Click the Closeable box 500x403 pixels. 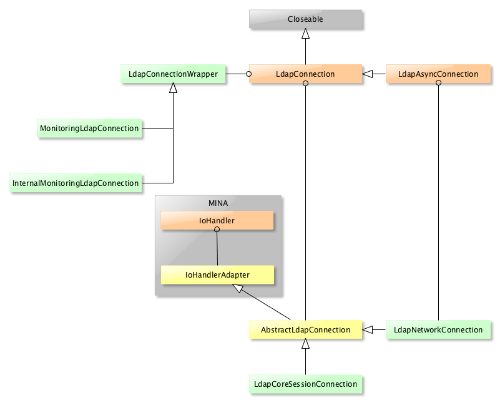(x=305, y=19)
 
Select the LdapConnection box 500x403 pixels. (x=305, y=74)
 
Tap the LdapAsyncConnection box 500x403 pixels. (x=438, y=74)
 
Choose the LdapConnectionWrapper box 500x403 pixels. (x=173, y=74)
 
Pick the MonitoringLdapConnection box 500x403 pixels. (x=89, y=128)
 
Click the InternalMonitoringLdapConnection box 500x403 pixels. (x=75, y=183)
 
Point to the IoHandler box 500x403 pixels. (x=217, y=220)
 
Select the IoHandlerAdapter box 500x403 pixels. (x=217, y=274)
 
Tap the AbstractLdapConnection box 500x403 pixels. (x=305, y=329)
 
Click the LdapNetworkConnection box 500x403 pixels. (x=438, y=329)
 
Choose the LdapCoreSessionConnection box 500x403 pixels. (x=305, y=384)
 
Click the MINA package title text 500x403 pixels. (x=218, y=203)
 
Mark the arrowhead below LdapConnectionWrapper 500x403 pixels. (x=173, y=89)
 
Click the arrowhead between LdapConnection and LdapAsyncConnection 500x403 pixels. (x=368, y=74)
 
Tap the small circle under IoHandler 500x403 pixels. (x=217, y=230)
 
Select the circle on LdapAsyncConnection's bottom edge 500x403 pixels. (x=438, y=83)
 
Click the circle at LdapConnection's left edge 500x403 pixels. (x=248, y=74)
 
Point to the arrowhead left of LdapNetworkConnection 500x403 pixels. (x=368, y=329)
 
